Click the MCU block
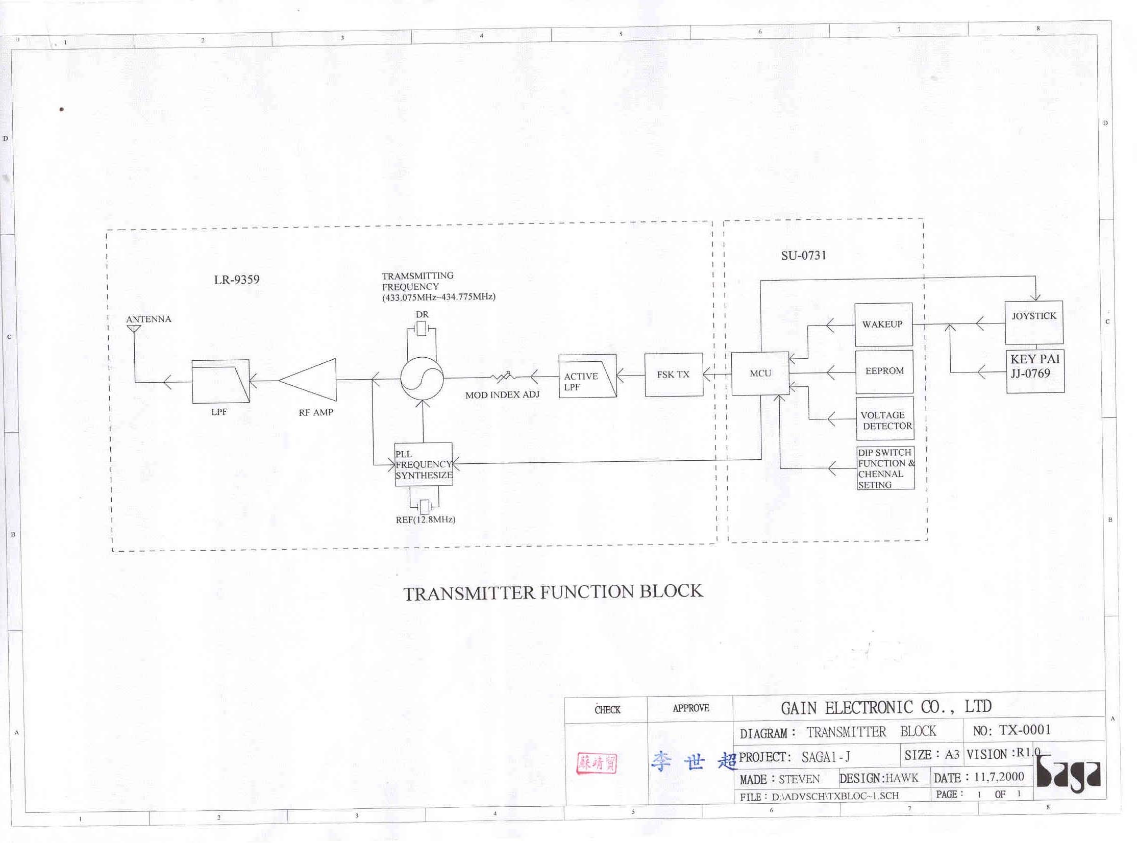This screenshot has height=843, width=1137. coord(760,374)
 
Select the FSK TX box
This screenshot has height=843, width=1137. coord(674,375)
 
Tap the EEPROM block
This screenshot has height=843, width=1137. coord(884,371)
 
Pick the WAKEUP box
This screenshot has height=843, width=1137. coord(883,325)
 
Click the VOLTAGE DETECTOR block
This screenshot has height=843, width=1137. coord(885,418)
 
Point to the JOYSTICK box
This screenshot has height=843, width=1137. coord(1034,323)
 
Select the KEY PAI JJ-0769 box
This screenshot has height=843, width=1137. coord(1035,371)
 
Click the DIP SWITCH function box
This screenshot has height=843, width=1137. coord(885,468)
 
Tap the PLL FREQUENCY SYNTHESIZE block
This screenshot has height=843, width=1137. coord(424,464)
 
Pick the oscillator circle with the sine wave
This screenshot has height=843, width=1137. coord(422,378)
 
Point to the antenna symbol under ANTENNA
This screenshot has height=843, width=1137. coord(134,329)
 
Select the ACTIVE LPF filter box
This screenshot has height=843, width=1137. coord(587,376)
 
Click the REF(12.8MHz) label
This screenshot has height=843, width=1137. coord(426,519)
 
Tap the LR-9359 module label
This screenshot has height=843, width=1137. coord(237,280)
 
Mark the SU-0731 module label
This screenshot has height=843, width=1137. coord(804,255)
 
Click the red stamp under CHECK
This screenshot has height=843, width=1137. coord(597,763)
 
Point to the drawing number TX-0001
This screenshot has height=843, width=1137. coord(1025,730)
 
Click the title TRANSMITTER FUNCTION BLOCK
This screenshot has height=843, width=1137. coord(553,592)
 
